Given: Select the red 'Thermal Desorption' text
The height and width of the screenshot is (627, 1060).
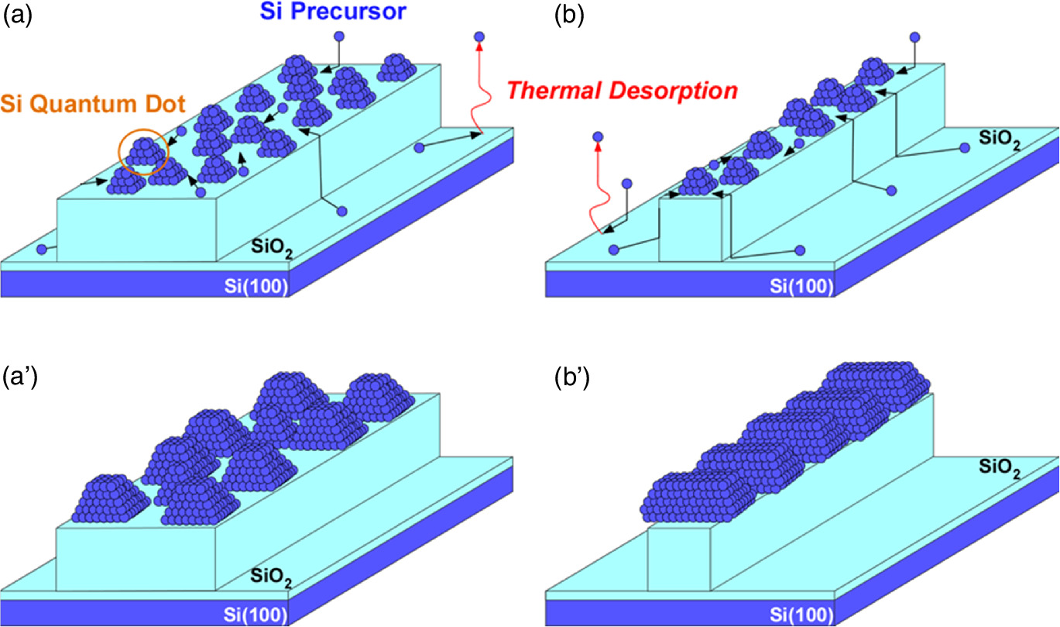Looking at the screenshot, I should [622, 91].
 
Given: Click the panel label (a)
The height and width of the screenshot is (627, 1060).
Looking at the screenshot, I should [17, 16].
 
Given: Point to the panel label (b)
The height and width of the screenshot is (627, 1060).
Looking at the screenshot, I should [570, 16].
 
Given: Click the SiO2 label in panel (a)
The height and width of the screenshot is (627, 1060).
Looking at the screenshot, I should [271, 248].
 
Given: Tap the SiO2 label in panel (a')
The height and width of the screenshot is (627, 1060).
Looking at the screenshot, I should [271, 577].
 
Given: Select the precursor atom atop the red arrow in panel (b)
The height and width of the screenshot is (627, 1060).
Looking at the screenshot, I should [597, 138].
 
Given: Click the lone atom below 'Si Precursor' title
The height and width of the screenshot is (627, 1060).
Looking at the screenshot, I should [338, 36].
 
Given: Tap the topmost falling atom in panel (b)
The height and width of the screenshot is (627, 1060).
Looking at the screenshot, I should [914, 36].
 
